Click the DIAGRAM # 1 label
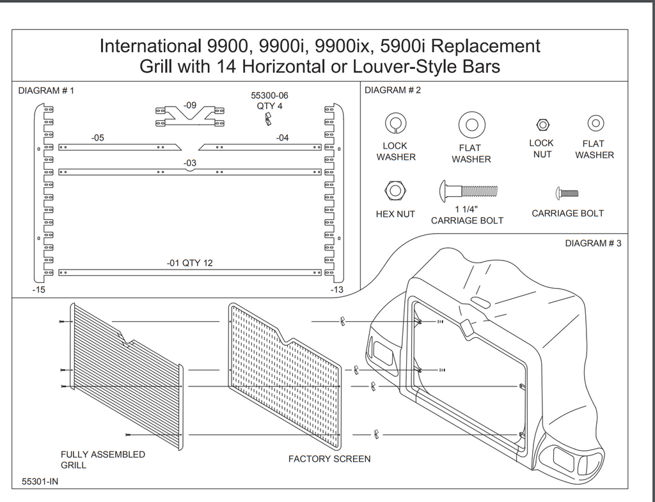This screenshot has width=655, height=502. point(46,91)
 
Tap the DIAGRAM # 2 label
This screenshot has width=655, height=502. point(393,90)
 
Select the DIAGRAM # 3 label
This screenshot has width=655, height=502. point(593,243)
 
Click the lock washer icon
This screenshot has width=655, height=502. point(395,123)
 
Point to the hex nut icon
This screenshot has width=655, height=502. point(395,190)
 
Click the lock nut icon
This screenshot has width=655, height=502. point(542,123)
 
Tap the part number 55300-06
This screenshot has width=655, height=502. point(269,95)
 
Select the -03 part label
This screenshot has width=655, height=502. point(189,164)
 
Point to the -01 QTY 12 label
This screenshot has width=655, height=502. point(190,263)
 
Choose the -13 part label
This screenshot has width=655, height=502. point(336,290)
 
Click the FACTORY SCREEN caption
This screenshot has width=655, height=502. point(329,459)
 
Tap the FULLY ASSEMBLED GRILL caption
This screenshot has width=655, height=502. point(102,460)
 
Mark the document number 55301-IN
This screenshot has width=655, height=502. point(40,482)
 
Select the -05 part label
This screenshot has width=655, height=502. point(97,137)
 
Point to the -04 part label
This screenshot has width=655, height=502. point(282,137)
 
